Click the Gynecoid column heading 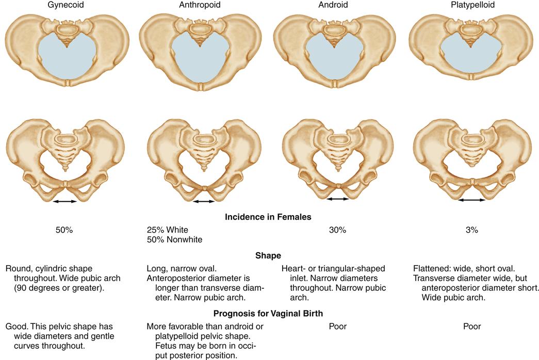click(x=64, y=5)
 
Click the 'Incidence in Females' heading click(x=268, y=217)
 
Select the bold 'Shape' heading click(x=268, y=255)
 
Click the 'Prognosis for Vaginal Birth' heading click(x=268, y=312)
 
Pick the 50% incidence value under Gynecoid click(x=64, y=230)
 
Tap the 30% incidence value click(x=337, y=230)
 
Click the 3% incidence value click(x=471, y=230)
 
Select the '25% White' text click(x=168, y=230)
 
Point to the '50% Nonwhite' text click(x=174, y=239)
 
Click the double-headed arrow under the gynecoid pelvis click(x=65, y=202)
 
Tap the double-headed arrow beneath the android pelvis click(x=338, y=199)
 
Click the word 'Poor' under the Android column click(x=337, y=326)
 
